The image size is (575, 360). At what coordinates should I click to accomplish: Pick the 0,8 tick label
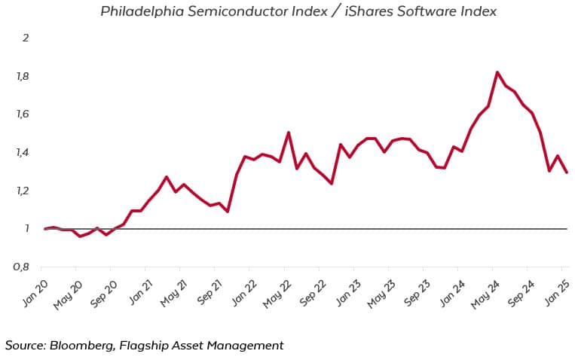pyautogui.click(x=21, y=267)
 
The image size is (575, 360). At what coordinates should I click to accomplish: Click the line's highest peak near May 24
pyautogui.click(x=498, y=72)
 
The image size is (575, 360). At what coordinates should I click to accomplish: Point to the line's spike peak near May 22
pyautogui.click(x=289, y=133)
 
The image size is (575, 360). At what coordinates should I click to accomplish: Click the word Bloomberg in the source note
pyautogui.click(x=81, y=345)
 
